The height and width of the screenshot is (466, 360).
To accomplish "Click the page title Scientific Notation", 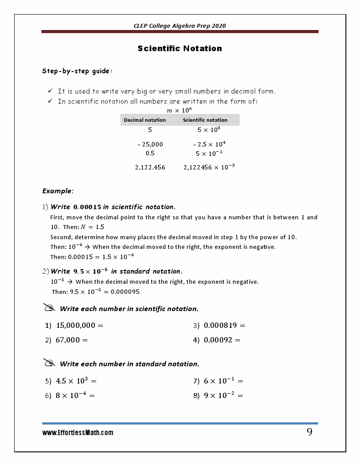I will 180,49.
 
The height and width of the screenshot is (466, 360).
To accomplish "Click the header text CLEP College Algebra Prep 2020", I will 180,26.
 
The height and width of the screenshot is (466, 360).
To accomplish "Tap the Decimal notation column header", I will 145,120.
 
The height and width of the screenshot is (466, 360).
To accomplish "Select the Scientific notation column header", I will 205,120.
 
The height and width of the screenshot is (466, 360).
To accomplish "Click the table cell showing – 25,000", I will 150,144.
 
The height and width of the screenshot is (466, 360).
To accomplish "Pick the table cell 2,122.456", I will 150,167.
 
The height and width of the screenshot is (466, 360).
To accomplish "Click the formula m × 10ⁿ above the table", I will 179,110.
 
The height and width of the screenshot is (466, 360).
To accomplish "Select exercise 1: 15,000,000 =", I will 74,326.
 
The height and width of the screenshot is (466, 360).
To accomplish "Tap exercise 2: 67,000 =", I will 67,340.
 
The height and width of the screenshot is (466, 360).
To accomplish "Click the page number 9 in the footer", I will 309,432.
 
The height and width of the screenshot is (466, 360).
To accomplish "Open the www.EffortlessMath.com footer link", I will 78,433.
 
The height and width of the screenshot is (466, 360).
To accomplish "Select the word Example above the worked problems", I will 57,191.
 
